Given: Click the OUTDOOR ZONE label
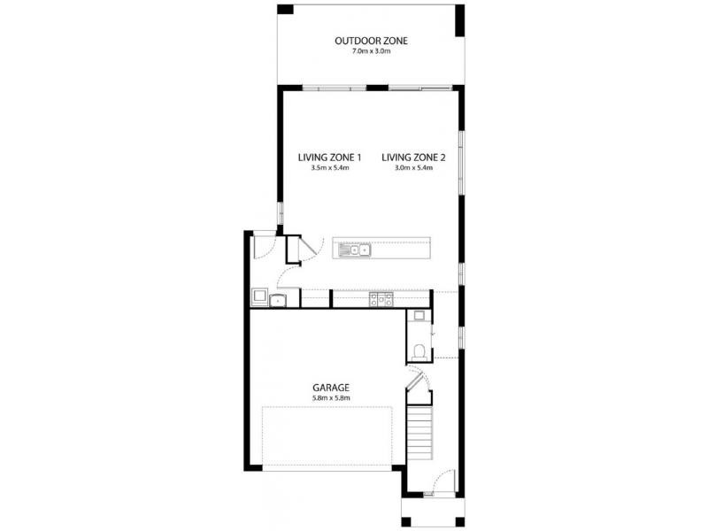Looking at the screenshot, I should pos(371,41).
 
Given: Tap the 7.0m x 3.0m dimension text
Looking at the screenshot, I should pos(371,52).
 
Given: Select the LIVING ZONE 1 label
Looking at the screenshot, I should pos(329,158).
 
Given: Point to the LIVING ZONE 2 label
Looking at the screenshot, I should pos(413,158).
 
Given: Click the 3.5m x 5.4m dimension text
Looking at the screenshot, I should pos(329,168).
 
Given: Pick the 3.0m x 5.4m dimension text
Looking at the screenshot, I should pos(413,168).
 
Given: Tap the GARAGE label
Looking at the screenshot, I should pos(331,388).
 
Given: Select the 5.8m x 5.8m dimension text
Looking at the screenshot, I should pos(331,398).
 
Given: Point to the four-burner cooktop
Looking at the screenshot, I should pos(381,300).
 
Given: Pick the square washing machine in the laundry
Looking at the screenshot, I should pos(261,296).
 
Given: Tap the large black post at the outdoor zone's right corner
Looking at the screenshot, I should pos(459,20).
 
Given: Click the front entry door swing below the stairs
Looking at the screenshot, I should pos(443,482).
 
